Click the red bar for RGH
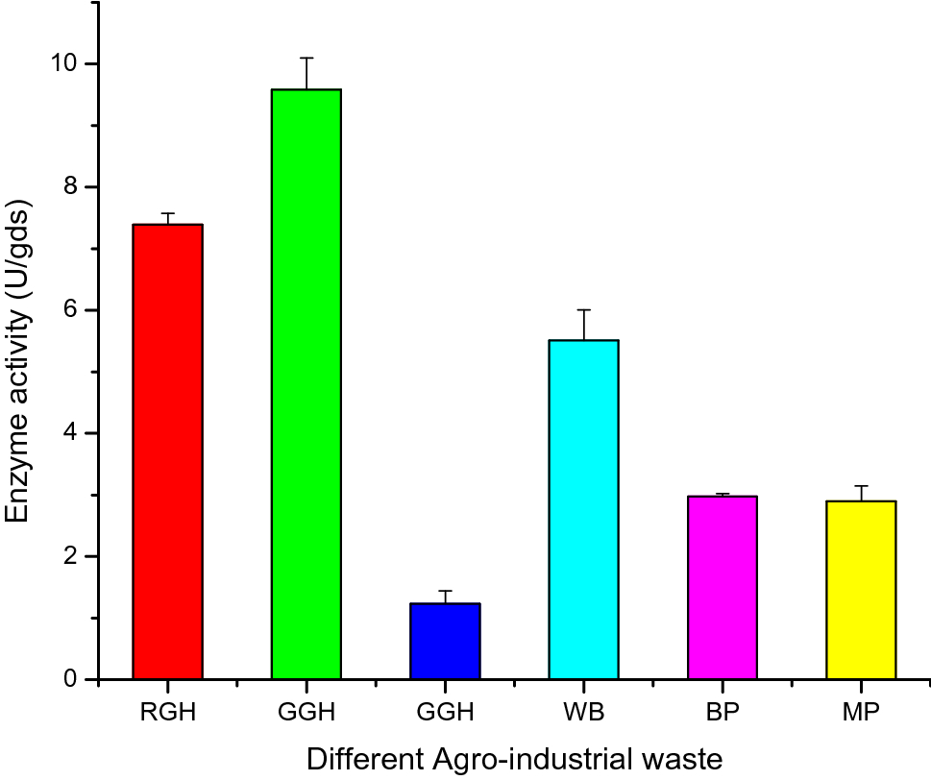point(168,451)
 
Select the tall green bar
point(306,384)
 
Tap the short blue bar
point(445,641)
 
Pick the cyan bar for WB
point(583,509)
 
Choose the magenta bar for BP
point(723,587)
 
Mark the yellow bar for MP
point(861,590)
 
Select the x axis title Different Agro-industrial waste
point(514,759)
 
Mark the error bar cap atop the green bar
point(306,58)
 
